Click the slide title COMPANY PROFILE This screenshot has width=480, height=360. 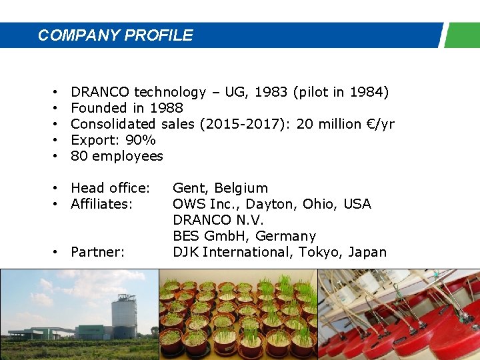115,35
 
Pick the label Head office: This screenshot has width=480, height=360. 110,188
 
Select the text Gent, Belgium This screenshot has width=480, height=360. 220,188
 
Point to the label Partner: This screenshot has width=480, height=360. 98,252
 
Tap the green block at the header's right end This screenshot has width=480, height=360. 462,35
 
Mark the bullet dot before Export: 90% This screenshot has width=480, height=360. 53,140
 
